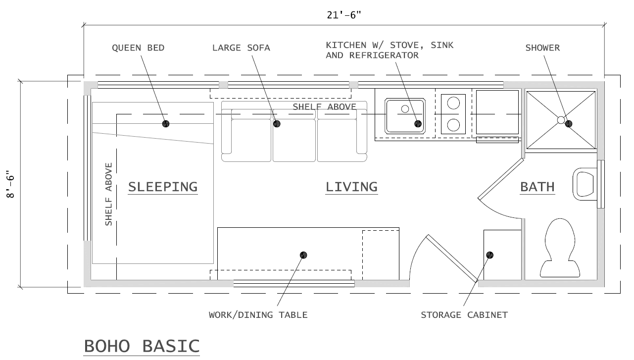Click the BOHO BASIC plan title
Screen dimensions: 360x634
142,346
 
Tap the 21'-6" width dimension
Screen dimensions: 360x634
343,15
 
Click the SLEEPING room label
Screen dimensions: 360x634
163,187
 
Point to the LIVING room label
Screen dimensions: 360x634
351,187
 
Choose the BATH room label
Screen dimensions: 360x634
537,187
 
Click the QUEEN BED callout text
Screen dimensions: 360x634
138,48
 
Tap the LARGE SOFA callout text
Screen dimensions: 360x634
241,48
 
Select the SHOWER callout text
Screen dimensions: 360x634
542,48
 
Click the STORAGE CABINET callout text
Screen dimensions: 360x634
464,315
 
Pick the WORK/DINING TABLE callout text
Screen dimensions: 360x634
258,315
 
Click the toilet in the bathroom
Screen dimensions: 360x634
560,248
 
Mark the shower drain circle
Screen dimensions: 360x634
561,120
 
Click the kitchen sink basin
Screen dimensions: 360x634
405,115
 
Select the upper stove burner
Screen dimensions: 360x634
453,103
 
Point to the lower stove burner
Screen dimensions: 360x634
453,125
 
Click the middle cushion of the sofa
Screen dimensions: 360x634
294,140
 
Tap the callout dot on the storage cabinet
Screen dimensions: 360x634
489,255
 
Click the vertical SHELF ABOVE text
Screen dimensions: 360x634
109,194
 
